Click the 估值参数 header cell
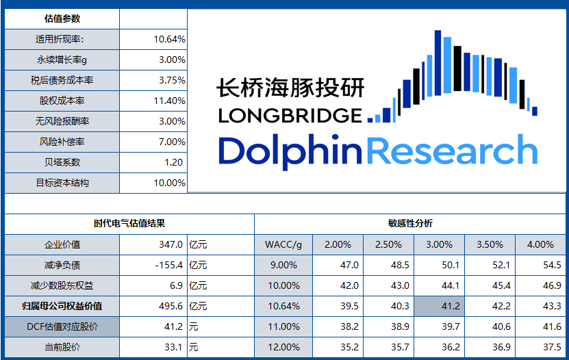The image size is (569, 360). click(62, 18)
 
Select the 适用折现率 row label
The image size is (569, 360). click(62, 39)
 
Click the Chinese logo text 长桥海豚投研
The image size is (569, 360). click(290, 88)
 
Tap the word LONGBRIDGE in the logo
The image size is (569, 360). click(290, 115)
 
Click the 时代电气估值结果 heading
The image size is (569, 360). click(129, 223)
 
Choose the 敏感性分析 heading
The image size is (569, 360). click(410, 223)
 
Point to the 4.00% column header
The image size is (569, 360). click(540, 244)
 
